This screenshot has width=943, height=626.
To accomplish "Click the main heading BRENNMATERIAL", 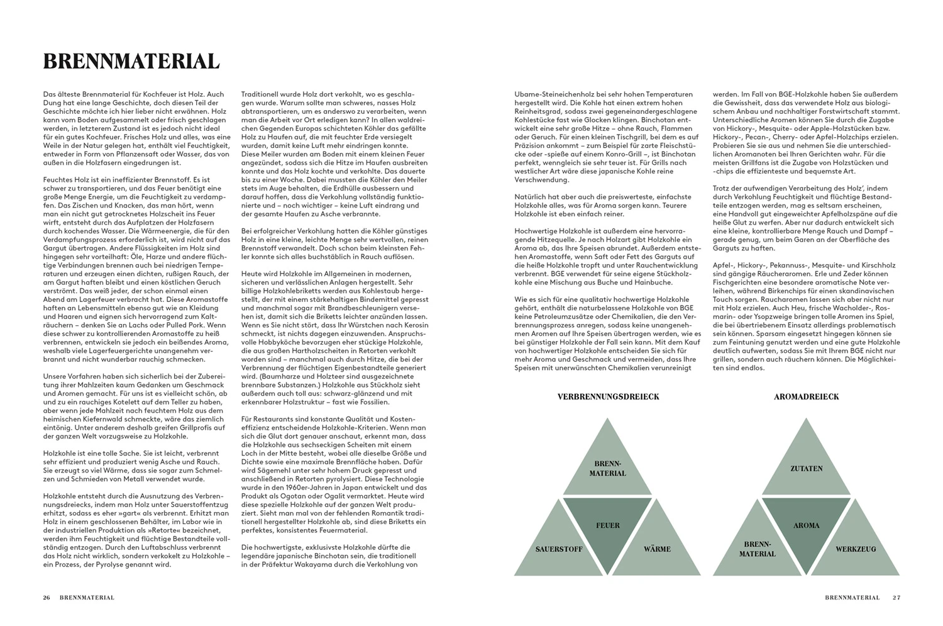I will coord(131,61).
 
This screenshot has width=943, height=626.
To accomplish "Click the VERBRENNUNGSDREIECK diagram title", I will coord(608,396).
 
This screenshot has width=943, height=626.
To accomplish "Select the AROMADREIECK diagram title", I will coord(806,396).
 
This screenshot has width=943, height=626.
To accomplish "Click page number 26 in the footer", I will coord(47,597).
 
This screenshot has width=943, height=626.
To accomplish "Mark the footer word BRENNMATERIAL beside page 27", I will coord(852,597).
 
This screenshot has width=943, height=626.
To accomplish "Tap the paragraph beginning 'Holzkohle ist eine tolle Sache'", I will coord(132,466).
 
